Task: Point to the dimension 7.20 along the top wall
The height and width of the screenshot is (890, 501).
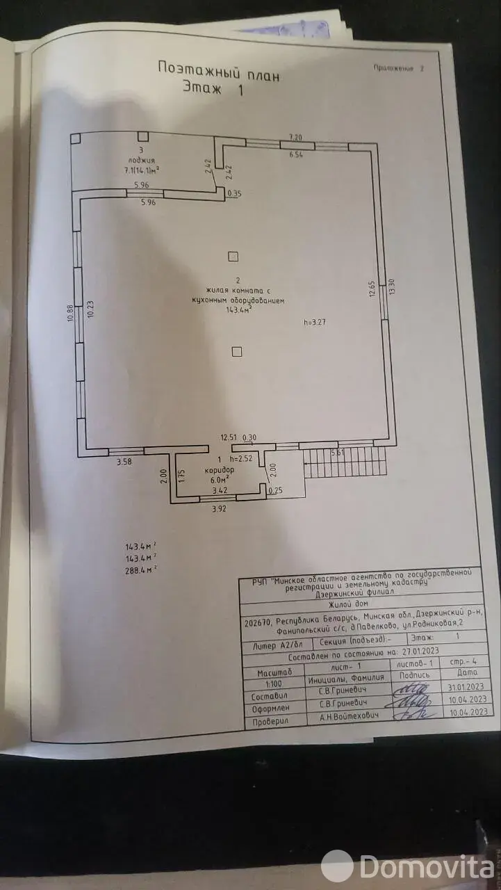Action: click(x=297, y=137)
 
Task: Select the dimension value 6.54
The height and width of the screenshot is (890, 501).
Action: click(x=297, y=154)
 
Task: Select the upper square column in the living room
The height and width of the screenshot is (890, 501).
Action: click(x=233, y=257)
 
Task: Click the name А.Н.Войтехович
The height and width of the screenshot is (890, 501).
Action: click(x=342, y=715)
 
